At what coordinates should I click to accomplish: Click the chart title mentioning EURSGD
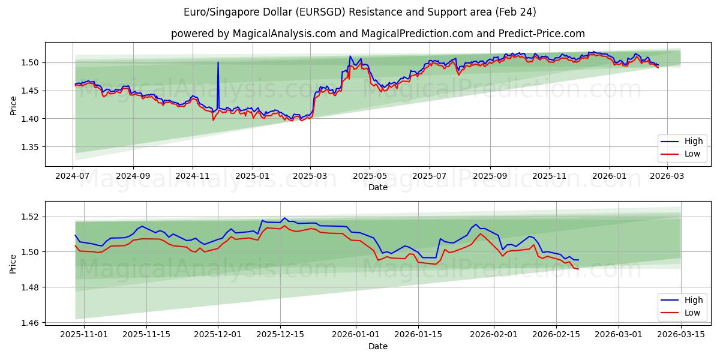(x=360, y=12)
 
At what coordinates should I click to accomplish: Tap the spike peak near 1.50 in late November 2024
(x=218, y=62)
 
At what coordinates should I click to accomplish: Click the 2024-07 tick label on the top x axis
(x=73, y=176)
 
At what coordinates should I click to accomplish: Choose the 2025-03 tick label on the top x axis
(x=310, y=176)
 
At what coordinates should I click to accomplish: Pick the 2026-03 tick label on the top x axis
(x=668, y=176)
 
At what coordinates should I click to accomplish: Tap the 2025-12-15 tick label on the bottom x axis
(x=280, y=335)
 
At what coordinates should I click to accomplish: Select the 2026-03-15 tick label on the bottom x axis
(x=681, y=335)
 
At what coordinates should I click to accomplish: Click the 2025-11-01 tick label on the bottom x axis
(x=84, y=335)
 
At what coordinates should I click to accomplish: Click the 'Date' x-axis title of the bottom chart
(x=378, y=346)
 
